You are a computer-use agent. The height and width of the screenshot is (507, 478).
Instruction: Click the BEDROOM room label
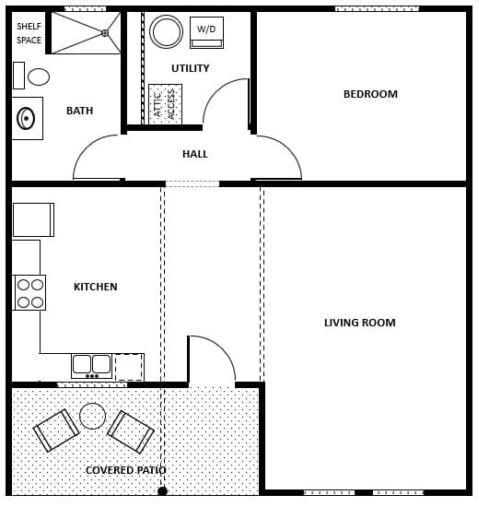click(x=370, y=94)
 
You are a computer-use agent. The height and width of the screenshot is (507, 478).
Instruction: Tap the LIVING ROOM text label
click(x=359, y=323)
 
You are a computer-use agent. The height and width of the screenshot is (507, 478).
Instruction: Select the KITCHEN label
click(x=96, y=287)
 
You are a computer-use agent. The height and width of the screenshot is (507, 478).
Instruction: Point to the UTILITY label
click(x=190, y=68)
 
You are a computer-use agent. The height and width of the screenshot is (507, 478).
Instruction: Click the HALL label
click(x=195, y=154)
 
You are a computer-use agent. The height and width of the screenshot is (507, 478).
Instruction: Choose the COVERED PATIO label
click(x=126, y=470)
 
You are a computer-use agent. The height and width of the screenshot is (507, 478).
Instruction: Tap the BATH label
click(x=80, y=112)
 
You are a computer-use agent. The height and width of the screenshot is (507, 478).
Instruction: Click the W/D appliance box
click(x=206, y=31)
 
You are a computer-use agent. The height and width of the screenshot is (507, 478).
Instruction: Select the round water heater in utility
click(x=167, y=31)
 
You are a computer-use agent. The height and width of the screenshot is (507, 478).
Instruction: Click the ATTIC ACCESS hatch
click(x=165, y=103)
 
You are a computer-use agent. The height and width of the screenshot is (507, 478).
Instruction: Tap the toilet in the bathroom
click(x=34, y=77)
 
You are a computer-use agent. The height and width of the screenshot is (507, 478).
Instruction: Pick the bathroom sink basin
click(x=27, y=118)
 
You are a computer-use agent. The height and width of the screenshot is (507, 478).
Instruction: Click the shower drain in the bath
click(x=105, y=33)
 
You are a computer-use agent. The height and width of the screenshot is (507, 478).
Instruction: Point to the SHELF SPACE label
click(x=29, y=33)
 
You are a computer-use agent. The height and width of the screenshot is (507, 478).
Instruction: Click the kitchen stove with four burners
click(x=29, y=292)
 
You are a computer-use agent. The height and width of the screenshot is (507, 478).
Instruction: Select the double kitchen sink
click(x=92, y=365)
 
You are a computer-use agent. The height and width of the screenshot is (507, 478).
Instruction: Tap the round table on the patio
click(x=92, y=416)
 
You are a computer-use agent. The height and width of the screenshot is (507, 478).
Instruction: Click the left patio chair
click(x=56, y=430)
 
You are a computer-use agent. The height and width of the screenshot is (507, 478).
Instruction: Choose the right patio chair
click(x=131, y=430)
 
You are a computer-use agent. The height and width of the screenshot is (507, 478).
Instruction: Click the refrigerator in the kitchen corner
click(x=32, y=219)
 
